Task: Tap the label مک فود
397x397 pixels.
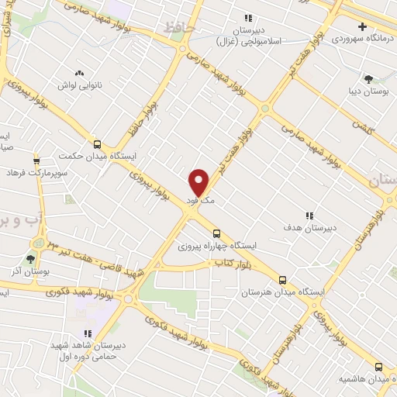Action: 200,201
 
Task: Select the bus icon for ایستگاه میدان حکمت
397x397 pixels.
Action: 97,143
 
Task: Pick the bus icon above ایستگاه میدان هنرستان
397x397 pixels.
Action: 282,280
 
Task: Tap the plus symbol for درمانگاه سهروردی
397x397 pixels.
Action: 384,26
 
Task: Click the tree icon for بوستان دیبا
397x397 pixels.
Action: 368,78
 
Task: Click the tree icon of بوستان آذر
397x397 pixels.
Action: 31,259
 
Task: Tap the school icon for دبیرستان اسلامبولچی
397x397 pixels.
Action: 248,18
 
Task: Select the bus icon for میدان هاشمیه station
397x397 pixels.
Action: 378,366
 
